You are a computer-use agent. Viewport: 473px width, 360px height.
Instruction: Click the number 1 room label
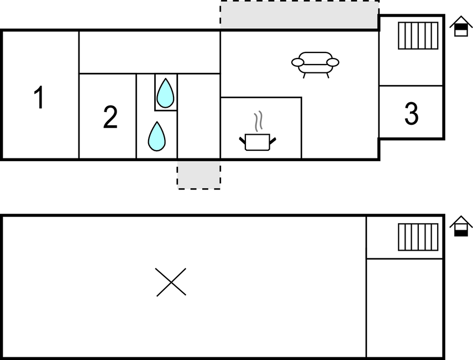click(39, 97)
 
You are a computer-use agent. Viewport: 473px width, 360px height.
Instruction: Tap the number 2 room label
click(110, 117)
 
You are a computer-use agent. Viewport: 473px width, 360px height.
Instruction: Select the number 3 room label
click(412, 113)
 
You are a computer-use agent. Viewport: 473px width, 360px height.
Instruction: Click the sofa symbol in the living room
click(315, 65)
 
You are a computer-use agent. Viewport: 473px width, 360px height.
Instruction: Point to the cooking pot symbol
click(257, 142)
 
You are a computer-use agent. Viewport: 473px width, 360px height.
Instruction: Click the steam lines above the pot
click(258, 121)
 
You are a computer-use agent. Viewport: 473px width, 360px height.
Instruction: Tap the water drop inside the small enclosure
click(165, 93)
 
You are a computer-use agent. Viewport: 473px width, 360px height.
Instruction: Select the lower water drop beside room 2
click(156, 136)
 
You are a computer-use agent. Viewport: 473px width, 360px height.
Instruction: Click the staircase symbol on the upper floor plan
click(418, 35)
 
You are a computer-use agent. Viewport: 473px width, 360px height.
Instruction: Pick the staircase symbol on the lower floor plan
click(418, 237)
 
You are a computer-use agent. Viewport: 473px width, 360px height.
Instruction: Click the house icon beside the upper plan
click(461, 27)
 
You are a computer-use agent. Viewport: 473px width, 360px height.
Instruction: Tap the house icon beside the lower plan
click(461, 226)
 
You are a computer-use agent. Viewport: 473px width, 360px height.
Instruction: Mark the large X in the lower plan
click(171, 282)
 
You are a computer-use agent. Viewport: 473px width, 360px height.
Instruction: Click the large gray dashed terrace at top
click(299, 15)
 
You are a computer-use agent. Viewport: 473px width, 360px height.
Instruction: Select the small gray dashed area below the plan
click(199, 175)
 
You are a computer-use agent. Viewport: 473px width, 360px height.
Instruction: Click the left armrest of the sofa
click(297, 62)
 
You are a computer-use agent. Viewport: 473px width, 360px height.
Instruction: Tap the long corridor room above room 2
click(149, 52)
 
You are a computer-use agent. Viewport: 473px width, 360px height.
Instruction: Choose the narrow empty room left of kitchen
click(199, 116)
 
